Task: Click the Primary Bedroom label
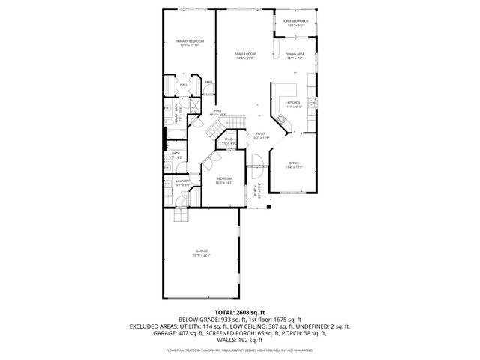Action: [x=190, y=40]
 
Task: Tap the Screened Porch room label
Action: [x=295, y=21]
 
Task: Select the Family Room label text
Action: [x=245, y=54]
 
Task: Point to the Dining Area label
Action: [x=295, y=54]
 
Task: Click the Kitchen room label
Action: [x=293, y=102]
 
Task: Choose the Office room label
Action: [x=295, y=163]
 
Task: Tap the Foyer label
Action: [x=260, y=133]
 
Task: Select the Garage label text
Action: [x=202, y=250]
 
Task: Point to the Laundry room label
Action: [x=182, y=181]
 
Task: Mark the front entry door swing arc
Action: [x=256, y=159]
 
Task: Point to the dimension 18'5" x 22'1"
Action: [x=202, y=255]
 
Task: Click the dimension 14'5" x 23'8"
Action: [x=245, y=58]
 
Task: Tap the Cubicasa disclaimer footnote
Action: [x=239, y=349]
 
